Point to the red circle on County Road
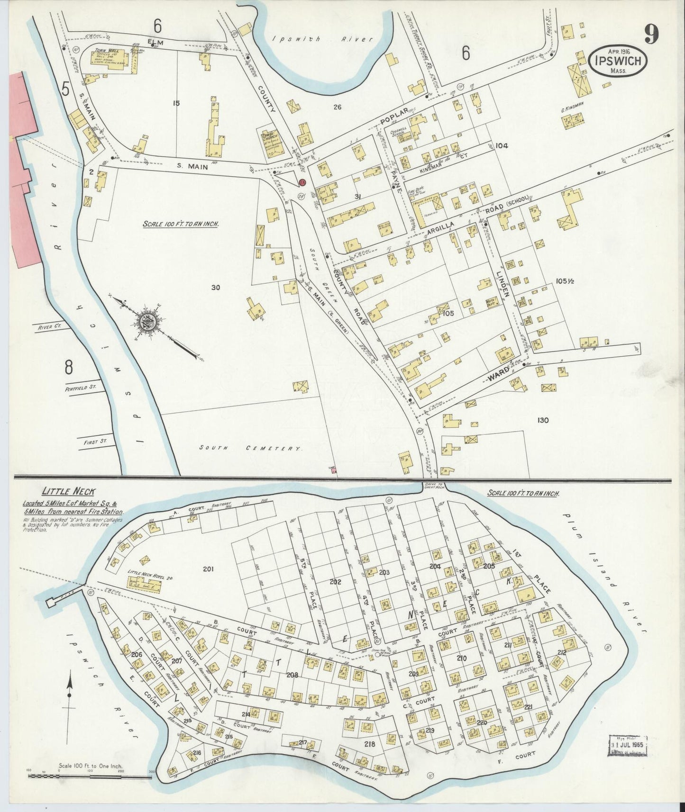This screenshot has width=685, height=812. (302, 182)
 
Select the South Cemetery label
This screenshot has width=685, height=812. (250, 448)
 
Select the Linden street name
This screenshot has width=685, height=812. (502, 284)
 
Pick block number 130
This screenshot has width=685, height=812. (543, 420)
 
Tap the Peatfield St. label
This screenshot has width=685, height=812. (81, 387)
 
